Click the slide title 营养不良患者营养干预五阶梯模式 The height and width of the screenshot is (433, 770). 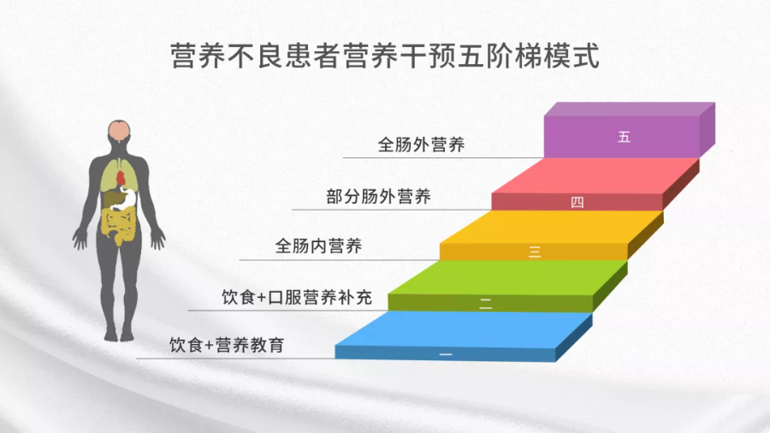point(385,56)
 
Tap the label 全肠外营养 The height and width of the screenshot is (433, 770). point(421,145)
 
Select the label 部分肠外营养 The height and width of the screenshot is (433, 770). point(378,196)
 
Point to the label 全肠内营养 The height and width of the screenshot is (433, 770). point(318,246)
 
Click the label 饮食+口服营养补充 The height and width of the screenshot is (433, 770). point(286,297)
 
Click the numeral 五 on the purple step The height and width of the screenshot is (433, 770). point(623,137)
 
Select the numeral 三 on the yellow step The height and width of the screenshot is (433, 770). point(535,252)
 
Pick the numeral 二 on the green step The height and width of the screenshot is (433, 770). point(485,303)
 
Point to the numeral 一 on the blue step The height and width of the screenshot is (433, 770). point(445,353)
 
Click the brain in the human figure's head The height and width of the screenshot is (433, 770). point(120,130)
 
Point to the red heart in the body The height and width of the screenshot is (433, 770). point(122,177)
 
